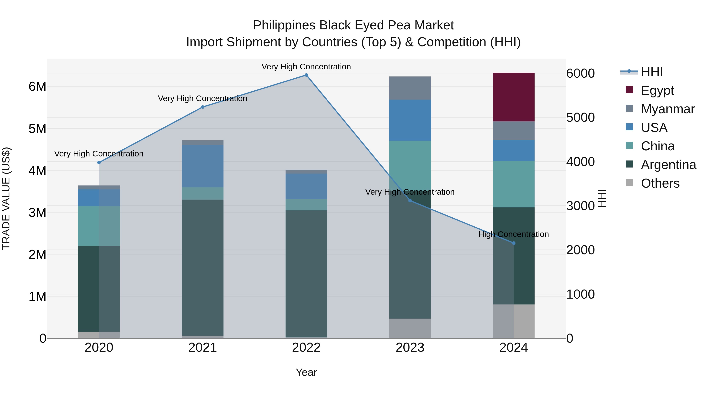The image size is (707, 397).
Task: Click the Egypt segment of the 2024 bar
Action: pos(514,97)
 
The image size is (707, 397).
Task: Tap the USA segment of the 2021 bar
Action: pos(202,166)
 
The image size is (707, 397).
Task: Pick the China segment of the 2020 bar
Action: pos(99,226)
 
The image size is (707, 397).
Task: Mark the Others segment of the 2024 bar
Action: pos(514,321)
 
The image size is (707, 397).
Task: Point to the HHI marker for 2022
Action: pos(306,75)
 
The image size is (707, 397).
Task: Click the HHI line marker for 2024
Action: pos(514,243)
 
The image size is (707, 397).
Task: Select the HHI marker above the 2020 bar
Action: pos(99,163)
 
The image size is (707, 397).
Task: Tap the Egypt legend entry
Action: pos(657,90)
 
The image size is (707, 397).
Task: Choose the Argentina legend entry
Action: pos(668,165)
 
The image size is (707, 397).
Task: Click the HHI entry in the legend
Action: pos(652,72)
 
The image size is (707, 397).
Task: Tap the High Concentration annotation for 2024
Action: pos(514,234)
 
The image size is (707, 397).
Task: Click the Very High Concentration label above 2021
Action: pos(202,99)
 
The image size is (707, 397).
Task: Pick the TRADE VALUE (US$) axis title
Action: pos(6,198)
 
